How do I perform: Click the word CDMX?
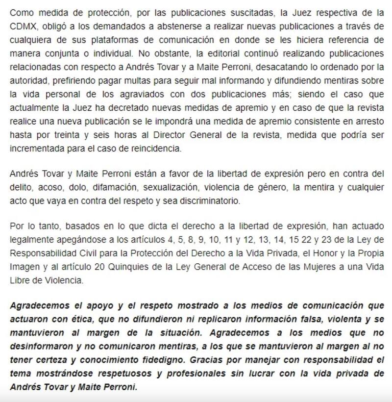coord(23,24)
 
